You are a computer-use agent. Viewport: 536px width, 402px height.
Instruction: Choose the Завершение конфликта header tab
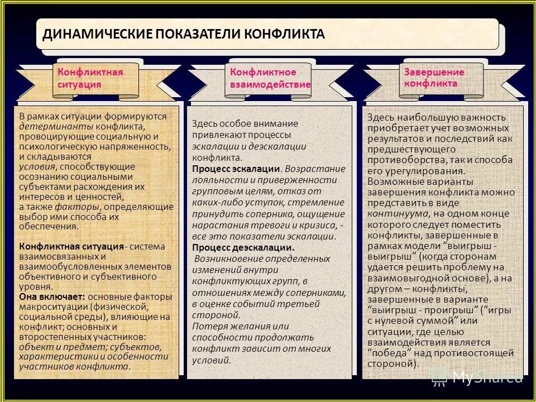(434, 78)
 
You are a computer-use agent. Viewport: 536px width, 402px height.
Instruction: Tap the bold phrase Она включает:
(51, 297)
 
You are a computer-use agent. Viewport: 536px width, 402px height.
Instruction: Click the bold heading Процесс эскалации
(236, 169)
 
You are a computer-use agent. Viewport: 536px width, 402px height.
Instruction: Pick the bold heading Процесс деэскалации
(243, 247)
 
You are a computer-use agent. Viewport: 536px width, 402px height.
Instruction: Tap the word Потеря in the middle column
(206, 326)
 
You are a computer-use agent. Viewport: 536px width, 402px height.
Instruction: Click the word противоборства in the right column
(402, 160)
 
